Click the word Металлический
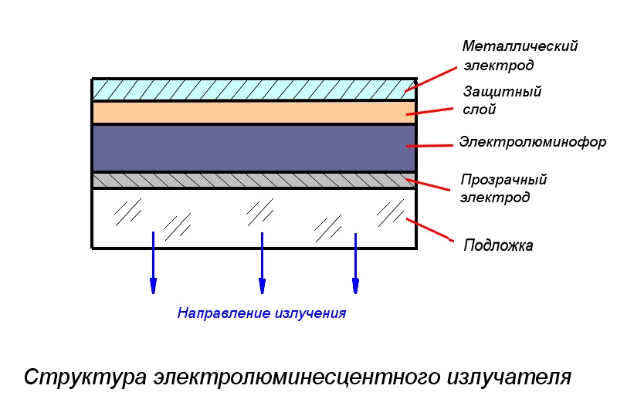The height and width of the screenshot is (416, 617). pyautogui.click(x=520, y=46)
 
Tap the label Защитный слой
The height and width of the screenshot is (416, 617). pyautogui.click(x=502, y=100)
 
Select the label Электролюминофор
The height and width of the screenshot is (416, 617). pyautogui.click(x=532, y=142)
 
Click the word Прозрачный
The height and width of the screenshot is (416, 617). pyautogui.click(x=503, y=180)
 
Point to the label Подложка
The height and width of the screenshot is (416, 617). pyautogui.click(x=498, y=245)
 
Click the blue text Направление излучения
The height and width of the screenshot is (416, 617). pyautogui.click(x=262, y=313)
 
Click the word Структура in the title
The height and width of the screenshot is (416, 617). pyautogui.click(x=86, y=377)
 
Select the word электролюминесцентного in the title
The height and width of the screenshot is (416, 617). pyautogui.click(x=297, y=377)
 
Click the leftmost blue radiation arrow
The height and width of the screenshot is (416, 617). pyautogui.click(x=153, y=262)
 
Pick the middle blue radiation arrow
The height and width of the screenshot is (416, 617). pyautogui.click(x=262, y=262)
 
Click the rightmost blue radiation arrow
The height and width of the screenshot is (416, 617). pyautogui.click(x=355, y=263)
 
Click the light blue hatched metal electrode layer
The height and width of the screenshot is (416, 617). pyautogui.click(x=254, y=90)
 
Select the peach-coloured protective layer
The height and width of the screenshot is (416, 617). pyautogui.click(x=254, y=113)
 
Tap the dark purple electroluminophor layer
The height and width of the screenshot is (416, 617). pyautogui.click(x=254, y=148)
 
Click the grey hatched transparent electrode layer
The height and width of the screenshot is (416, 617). pyautogui.click(x=254, y=180)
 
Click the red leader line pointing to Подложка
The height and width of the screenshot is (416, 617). pyautogui.click(x=429, y=230)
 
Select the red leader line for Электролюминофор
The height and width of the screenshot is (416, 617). pyautogui.click(x=429, y=146)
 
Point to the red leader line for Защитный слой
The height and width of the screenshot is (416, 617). pyautogui.click(x=429, y=111)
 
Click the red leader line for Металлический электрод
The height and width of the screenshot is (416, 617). pyautogui.click(x=430, y=79)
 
